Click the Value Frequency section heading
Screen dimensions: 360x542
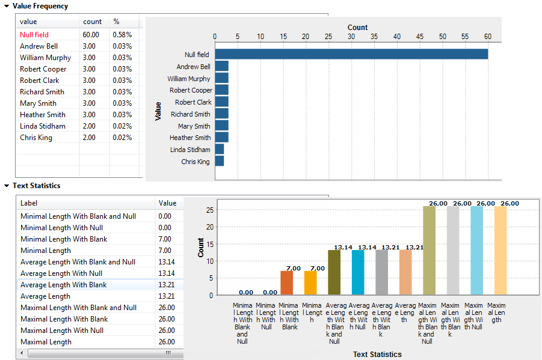click(40, 6)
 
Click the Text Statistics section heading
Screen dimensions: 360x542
click(36, 186)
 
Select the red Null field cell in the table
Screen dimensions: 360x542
click(34, 35)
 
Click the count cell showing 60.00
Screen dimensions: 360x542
click(91, 35)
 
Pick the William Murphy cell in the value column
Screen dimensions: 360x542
click(45, 58)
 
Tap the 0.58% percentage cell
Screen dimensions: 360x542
click(122, 35)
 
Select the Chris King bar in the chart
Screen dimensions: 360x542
click(219, 161)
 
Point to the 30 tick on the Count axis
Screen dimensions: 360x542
click(351, 37)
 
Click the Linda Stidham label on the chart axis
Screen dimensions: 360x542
click(190, 150)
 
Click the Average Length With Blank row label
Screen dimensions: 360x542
click(64, 285)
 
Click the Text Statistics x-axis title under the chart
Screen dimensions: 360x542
click(377, 354)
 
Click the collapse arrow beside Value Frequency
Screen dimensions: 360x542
click(6, 6)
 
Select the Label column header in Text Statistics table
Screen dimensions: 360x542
click(29, 203)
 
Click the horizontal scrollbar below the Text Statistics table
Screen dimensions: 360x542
click(96, 353)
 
